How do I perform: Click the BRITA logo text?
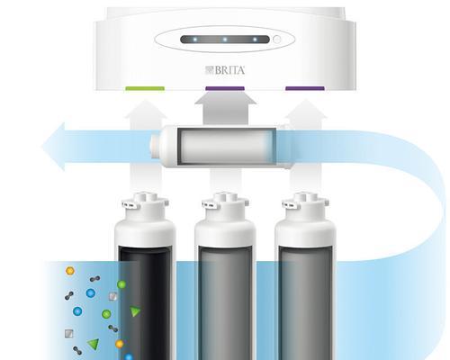[225, 70]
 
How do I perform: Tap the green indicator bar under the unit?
[145, 88]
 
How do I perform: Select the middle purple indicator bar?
[225, 88]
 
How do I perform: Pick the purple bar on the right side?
[305, 88]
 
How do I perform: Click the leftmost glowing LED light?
[195, 40]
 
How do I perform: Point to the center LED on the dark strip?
[225, 40]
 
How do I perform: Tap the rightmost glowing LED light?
[255, 40]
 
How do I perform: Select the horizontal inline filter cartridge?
[220, 146]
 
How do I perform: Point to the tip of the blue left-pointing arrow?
[41, 147]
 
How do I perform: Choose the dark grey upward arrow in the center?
[226, 107]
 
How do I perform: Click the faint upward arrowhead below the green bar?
[146, 110]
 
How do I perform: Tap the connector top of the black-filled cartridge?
[145, 205]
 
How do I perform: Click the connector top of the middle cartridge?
[225, 205]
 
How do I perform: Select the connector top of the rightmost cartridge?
[305, 205]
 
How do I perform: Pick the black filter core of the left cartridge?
[145, 303]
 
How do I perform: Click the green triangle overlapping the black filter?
[135, 311]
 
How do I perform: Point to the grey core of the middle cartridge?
[225, 303]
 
